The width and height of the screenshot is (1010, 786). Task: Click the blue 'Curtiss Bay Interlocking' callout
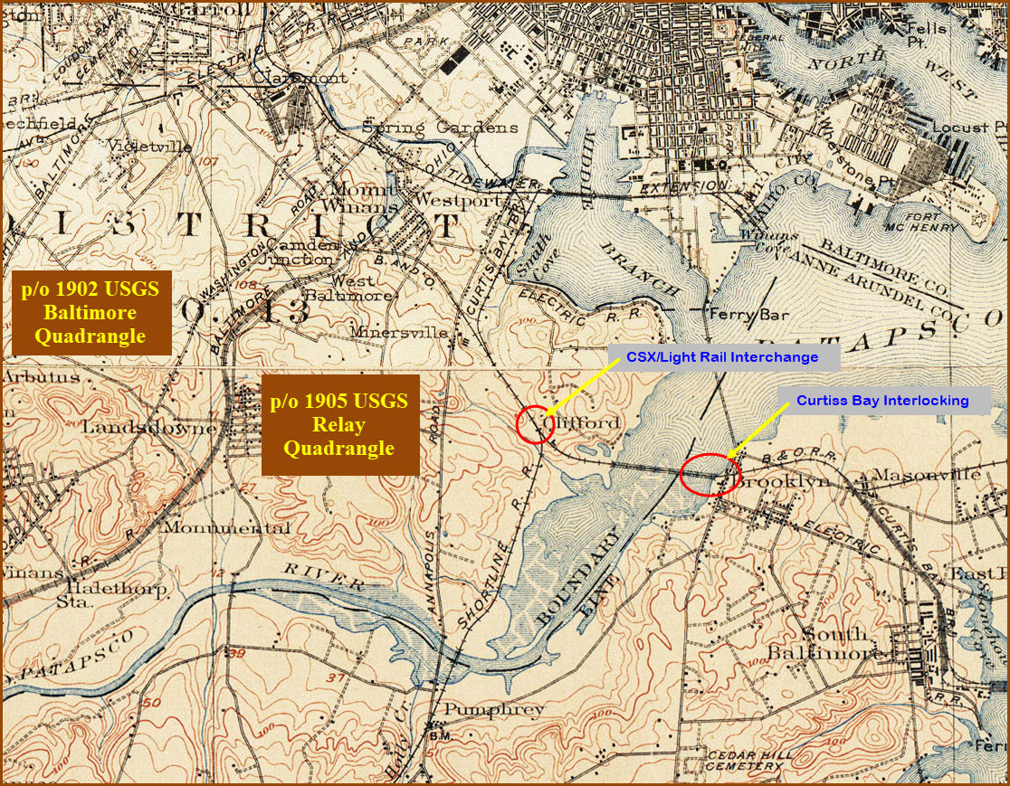coord(882,400)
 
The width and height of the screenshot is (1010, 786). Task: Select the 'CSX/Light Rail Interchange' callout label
coord(721,357)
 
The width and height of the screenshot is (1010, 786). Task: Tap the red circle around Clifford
coord(535,424)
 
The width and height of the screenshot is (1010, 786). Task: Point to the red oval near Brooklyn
coord(710,474)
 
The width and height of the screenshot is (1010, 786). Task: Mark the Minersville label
coord(403,333)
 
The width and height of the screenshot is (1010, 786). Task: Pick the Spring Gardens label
coord(441,128)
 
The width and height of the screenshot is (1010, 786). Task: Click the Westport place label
coord(458,200)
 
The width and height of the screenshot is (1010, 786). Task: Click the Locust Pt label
coord(971,128)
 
